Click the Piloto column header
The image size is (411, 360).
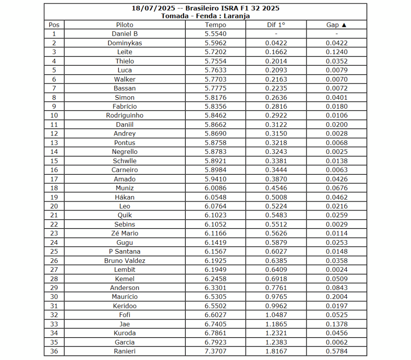click(x=125, y=25)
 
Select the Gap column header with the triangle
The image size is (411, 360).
click(x=336, y=25)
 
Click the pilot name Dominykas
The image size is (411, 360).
click(x=125, y=43)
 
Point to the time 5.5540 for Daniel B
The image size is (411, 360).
click(x=216, y=34)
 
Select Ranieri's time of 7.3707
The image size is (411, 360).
click(x=216, y=351)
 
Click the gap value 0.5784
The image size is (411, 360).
click(x=337, y=351)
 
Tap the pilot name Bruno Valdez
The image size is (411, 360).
click(x=125, y=261)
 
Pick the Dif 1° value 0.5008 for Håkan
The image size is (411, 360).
click(x=276, y=197)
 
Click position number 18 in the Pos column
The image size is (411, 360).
click(x=54, y=188)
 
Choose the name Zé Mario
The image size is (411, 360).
click(x=125, y=233)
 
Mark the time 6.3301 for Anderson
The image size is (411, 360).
click(x=216, y=288)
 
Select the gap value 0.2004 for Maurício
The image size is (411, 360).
click(x=337, y=297)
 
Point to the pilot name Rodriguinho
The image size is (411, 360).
click(x=125, y=115)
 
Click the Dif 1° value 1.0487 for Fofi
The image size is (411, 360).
click(x=276, y=315)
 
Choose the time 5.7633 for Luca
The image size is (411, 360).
click(x=216, y=70)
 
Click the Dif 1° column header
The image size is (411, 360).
click(x=276, y=25)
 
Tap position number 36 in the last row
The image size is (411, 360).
click(x=54, y=351)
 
